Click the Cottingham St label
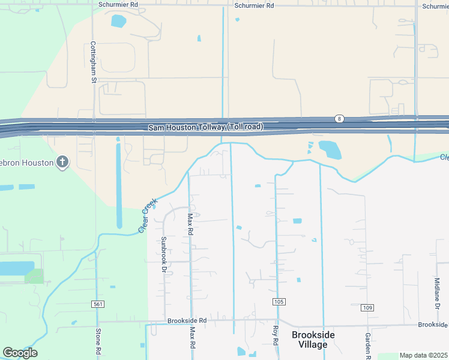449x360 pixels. point(94,62)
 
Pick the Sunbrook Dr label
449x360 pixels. point(163,255)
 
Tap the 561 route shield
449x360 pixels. point(98,304)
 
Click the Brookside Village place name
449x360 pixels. point(313,340)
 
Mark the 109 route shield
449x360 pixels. point(368,308)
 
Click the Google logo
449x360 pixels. point(20,353)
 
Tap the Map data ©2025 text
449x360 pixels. point(423,355)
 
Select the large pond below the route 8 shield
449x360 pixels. point(330,150)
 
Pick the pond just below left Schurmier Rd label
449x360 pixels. point(118,22)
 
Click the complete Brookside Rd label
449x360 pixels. point(187,321)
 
